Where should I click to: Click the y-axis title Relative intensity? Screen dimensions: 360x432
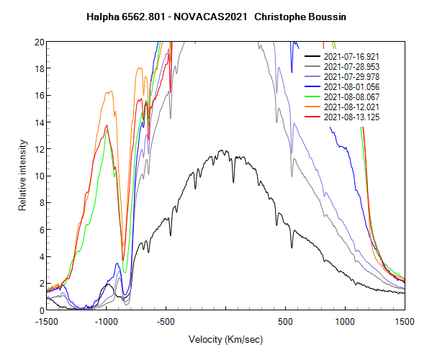click(23, 176)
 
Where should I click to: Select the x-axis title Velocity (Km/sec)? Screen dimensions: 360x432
click(225, 338)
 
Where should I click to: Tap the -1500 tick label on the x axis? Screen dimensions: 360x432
click(47, 321)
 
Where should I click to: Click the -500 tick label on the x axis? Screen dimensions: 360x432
click(166, 321)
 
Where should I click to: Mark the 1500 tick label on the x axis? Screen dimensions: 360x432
click(405, 321)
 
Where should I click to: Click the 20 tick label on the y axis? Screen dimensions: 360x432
click(38, 42)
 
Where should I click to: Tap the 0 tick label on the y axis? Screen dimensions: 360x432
click(40, 310)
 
